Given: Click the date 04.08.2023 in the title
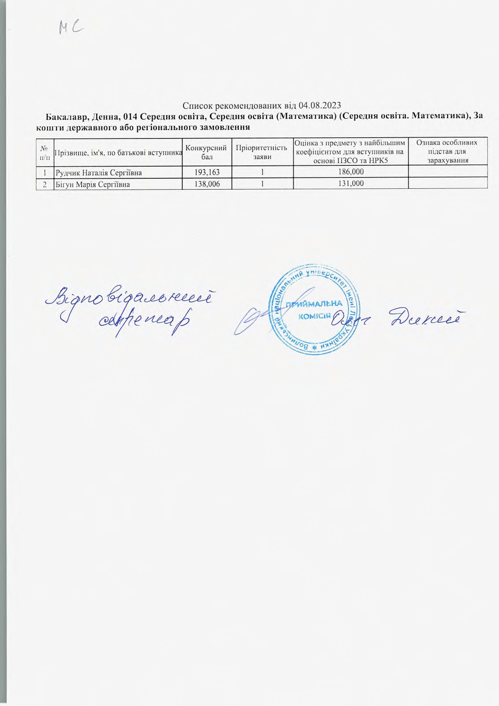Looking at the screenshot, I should tap(320, 106).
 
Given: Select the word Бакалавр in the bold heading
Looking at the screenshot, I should tap(66, 117).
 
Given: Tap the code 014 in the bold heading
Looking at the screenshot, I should tap(130, 117).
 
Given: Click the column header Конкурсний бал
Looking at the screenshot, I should tap(207, 151).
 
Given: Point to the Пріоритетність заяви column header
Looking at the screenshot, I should tap(262, 151).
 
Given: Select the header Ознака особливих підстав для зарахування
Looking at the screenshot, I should tap(447, 151).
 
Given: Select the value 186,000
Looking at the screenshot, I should tap(351, 173).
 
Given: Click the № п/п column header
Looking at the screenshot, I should tap(44, 151).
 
